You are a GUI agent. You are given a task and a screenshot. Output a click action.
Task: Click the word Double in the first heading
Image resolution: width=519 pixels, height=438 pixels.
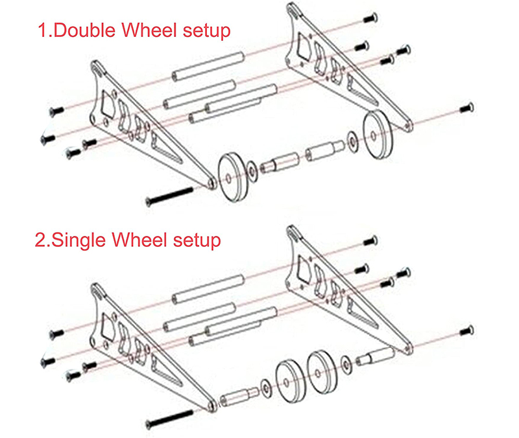pos(84,30)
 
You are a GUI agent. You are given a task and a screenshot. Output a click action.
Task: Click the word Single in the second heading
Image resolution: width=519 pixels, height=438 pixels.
pos(78,240)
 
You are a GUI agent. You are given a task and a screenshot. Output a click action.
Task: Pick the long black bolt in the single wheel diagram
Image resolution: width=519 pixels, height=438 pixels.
pos(169,419)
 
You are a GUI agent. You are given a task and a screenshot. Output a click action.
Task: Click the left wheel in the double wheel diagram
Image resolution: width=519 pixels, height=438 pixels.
pos(233,177)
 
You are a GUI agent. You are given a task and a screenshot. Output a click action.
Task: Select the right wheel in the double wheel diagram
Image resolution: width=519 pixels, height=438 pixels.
pos(378,134)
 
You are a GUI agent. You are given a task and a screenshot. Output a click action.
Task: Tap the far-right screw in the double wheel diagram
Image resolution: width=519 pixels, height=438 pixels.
pos(467,108)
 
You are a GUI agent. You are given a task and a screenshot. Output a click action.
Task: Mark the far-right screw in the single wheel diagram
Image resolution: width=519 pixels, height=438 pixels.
pos(467,330)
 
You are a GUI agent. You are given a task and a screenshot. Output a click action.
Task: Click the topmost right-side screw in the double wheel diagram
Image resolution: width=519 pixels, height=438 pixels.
pos(370,17)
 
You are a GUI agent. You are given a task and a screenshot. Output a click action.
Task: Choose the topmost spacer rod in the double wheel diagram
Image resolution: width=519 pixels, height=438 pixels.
pos(208,67)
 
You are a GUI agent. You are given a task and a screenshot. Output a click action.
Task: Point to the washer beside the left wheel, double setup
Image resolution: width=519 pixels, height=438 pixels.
pos(252,171)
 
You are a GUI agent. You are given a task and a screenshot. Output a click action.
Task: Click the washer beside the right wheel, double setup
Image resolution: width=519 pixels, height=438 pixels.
pos(352,142)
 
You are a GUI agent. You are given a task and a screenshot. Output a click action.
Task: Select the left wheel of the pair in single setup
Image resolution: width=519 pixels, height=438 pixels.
pos(289,381)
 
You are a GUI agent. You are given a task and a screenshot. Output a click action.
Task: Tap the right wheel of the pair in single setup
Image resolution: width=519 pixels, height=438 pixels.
pos(322,372)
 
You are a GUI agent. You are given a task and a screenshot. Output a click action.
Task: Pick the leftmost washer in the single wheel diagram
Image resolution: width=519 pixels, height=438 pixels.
pos(265,388)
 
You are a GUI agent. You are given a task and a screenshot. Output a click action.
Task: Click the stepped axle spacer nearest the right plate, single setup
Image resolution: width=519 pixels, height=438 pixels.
pos(375,356)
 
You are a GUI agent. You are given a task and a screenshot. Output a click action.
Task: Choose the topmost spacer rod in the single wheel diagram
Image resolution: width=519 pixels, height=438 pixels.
pos(208,289)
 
